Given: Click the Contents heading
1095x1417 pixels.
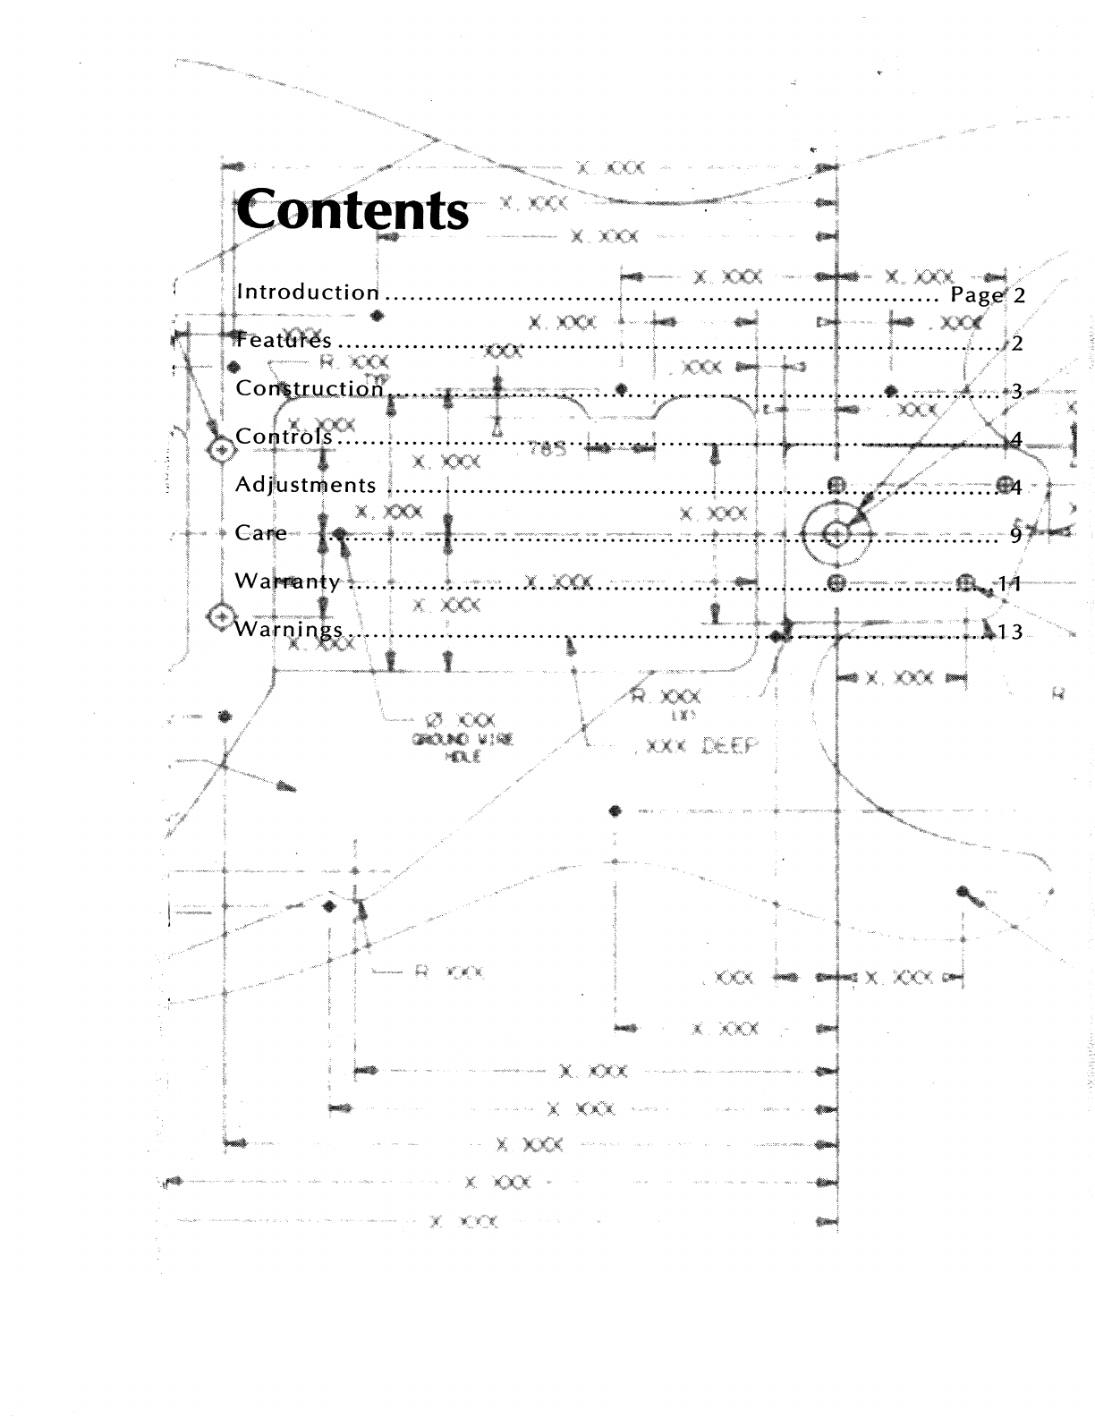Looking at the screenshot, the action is pyautogui.click(x=352, y=211).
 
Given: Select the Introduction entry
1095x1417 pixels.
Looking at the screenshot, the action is pyautogui.click(x=308, y=293).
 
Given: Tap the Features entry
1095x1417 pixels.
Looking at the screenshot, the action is pyautogui.click(x=284, y=341).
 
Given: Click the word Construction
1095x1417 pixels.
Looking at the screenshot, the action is pyautogui.click(x=310, y=389).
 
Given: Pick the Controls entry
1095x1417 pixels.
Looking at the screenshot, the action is pyautogui.click(x=284, y=437).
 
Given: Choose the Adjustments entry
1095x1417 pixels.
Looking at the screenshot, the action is pyautogui.click(x=305, y=486).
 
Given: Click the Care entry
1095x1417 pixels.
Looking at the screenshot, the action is pyautogui.click(x=261, y=533).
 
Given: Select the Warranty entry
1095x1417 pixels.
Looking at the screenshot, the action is pyautogui.click(x=287, y=581).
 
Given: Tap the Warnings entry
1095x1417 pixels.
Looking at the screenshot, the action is pyautogui.click(x=288, y=630).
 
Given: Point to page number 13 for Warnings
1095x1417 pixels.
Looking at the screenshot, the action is pyautogui.click(x=1010, y=632).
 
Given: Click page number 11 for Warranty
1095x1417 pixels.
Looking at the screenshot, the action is pyautogui.click(x=1010, y=584).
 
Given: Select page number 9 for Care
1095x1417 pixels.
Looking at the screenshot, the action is pyautogui.click(x=1015, y=536).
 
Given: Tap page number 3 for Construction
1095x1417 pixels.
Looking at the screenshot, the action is pyautogui.click(x=1016, y=392).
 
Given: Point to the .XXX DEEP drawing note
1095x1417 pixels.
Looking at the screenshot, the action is pyautogui.click(x=696, y=746).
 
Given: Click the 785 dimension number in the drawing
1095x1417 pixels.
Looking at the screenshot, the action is pyautogui.click(x=547, y=449).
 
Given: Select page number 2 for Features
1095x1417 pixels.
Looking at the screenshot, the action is pyautogui.click(x=1017, y=344).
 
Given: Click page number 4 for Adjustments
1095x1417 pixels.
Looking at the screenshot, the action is pyautogui.click(x=1016, y=488).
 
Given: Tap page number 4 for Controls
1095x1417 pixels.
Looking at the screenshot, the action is pyautogui.click(x=1015, y=440).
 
